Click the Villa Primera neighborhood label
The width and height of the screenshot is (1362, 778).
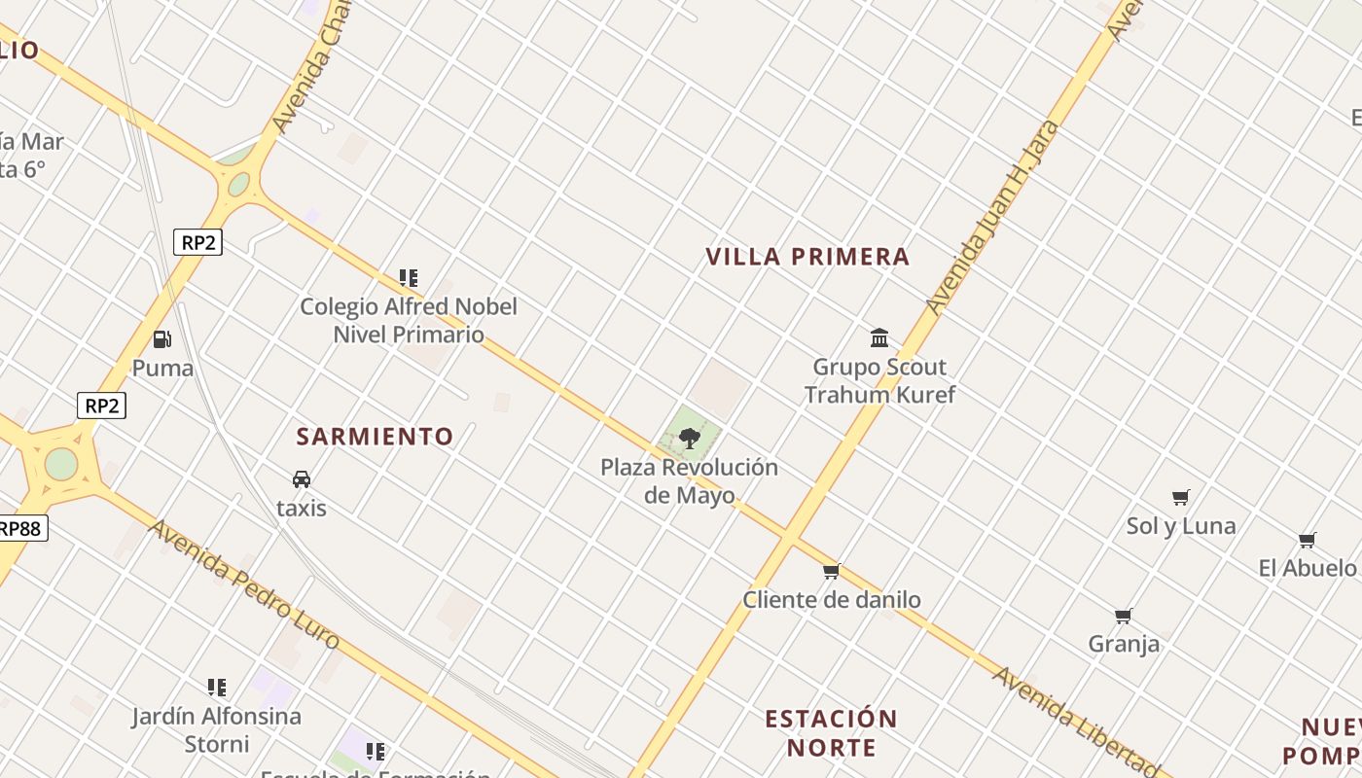point(807,257)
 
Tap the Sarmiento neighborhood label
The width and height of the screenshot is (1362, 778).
point(375,437)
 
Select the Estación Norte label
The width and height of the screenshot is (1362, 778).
point(831,733)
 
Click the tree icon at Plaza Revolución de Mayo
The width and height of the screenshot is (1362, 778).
point(690,438)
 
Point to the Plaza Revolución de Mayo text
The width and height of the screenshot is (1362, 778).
point(689,480)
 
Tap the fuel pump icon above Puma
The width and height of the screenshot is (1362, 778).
point(162,339)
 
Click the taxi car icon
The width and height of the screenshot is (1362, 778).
point(302,479)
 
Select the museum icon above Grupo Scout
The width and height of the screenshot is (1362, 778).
point(879,337)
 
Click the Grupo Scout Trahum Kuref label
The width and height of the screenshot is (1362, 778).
point(879,380)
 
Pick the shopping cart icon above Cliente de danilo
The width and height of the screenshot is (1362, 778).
point(831,572)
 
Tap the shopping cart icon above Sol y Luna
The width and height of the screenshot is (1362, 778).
point(1181,498)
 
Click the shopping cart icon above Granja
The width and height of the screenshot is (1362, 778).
point(1124,616)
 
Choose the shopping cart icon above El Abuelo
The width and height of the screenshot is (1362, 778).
point(1308,540)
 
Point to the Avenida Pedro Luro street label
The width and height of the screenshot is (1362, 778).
point(244,584)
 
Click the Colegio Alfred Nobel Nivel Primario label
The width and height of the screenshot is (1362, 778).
point(409,320)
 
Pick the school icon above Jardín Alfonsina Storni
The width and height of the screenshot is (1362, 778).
point(217,688)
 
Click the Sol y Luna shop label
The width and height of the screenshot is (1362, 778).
point(1181,526)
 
